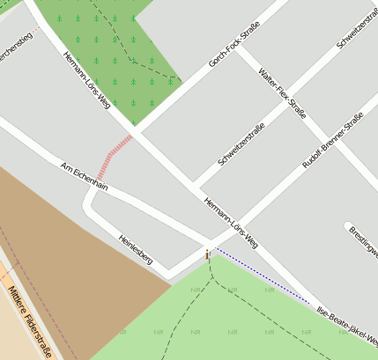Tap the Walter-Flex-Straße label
point(283,93)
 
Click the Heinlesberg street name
point(136,250)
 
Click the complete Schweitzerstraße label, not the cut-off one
point(241,146)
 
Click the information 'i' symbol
point(208,254)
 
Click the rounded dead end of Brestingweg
point(349,226)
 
